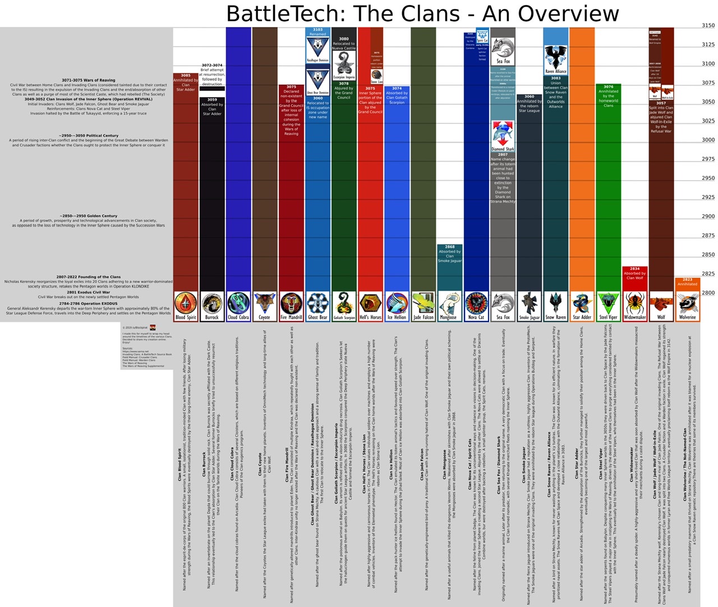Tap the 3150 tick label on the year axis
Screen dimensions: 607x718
708,25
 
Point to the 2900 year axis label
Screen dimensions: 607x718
708,216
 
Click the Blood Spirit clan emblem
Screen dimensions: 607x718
186,303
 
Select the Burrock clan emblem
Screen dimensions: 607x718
212,303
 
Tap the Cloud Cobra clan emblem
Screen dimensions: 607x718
238,303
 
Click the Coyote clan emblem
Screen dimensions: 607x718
265,303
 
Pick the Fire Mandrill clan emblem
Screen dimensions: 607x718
291,303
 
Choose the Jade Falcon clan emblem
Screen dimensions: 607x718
424,303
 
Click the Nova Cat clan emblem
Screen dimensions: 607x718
476,303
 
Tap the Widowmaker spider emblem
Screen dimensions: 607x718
635,303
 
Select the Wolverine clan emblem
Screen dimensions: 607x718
687,303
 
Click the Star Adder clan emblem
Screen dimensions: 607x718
582,303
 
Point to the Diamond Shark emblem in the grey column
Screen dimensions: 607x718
503,135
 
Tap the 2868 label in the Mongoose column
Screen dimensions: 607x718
450,247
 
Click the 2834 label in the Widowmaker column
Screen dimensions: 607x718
634,269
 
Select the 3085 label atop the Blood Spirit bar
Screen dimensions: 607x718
186,76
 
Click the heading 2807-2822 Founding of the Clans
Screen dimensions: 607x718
88,277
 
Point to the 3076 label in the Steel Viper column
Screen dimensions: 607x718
609,87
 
